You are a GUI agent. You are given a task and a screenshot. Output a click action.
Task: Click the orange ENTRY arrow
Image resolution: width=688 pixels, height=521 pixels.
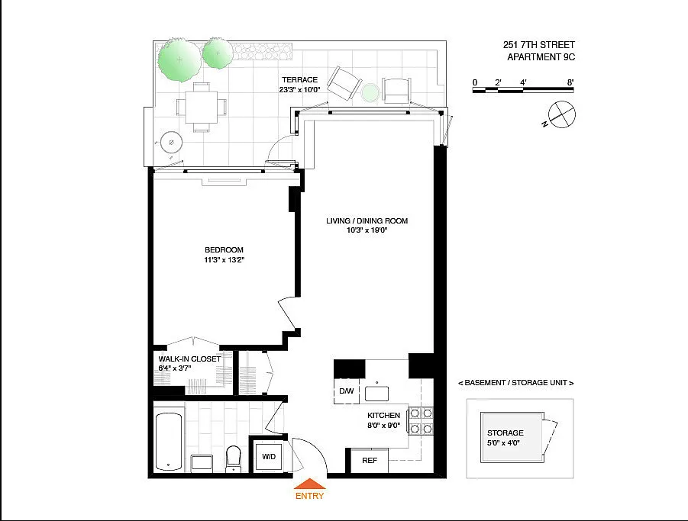point(310,484)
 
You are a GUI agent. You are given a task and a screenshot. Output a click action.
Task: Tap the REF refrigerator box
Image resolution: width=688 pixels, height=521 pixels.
point(369,461)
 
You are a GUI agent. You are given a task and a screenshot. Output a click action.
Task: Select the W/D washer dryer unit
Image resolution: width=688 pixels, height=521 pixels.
point(269,457)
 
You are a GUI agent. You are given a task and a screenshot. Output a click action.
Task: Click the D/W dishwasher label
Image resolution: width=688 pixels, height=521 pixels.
point(347,391)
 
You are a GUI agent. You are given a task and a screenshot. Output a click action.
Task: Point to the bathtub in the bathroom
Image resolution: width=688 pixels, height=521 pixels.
point(169,441)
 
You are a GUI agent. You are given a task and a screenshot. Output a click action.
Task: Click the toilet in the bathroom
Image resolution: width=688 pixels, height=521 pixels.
point(234,458)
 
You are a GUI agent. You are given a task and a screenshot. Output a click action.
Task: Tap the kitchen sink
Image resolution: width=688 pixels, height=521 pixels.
point(376,393)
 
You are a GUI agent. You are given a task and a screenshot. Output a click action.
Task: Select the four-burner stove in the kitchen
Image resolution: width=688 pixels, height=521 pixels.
point(421,420)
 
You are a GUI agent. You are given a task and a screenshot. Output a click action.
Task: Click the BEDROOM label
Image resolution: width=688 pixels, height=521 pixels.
point(224,249)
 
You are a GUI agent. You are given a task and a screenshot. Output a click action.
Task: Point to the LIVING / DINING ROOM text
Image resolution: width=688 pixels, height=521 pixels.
point(367,221)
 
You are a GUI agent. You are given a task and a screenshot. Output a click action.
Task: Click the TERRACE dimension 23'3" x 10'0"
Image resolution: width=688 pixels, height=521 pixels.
point(299,90)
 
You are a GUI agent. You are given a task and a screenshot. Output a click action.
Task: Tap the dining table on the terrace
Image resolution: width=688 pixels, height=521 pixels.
point(202,108)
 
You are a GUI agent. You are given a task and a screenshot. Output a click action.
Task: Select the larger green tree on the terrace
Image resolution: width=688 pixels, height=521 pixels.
point(179,60)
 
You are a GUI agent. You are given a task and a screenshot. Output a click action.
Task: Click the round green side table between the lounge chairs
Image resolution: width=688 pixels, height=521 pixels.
point(371,92)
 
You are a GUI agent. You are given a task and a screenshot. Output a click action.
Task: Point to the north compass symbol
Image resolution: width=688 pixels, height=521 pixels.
point(560,115)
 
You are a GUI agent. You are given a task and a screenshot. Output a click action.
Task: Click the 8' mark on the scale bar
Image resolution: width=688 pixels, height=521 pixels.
point(570,82)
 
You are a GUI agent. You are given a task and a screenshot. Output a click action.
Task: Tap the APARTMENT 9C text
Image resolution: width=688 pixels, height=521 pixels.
point(541,57)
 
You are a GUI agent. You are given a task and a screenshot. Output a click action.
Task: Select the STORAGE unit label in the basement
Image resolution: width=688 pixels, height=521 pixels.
point(505,433)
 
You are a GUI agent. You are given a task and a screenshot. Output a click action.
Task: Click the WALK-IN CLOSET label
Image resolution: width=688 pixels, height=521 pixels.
point(189,359)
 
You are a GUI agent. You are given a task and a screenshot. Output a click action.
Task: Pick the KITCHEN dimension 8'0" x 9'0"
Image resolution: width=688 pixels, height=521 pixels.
point(384,425)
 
